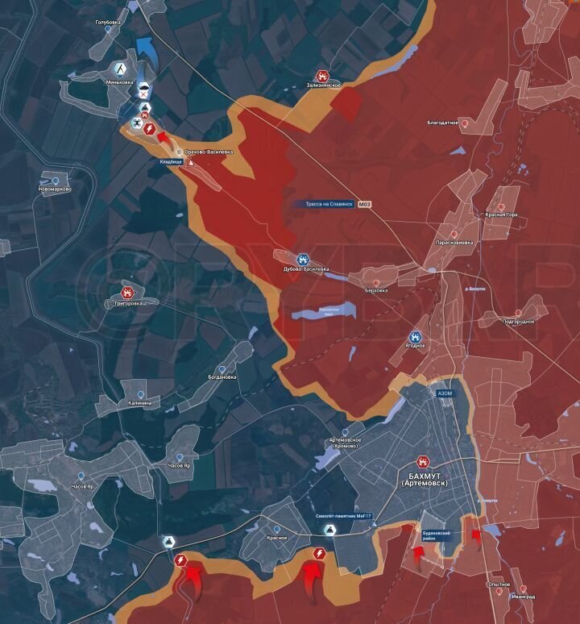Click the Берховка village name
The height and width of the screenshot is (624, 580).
pyautogui.click(x=376, y=289)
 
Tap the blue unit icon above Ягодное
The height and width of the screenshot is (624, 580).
pyautogui.click(x=416, y=336)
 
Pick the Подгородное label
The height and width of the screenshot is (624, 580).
pyautogui.click(x=518, y=321)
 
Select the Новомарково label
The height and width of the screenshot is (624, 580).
pyautogui.click(x=55, y=189)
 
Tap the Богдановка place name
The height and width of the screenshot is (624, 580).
pyautogui.click(x=222, y=376)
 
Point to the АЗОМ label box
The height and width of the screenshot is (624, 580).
pyautogui.click(x=445, y=393)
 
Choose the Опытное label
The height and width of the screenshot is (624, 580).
pyautogui.click(x=498, y=584)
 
